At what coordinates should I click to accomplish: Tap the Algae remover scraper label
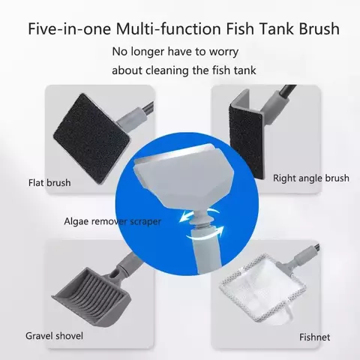pos(113,222)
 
